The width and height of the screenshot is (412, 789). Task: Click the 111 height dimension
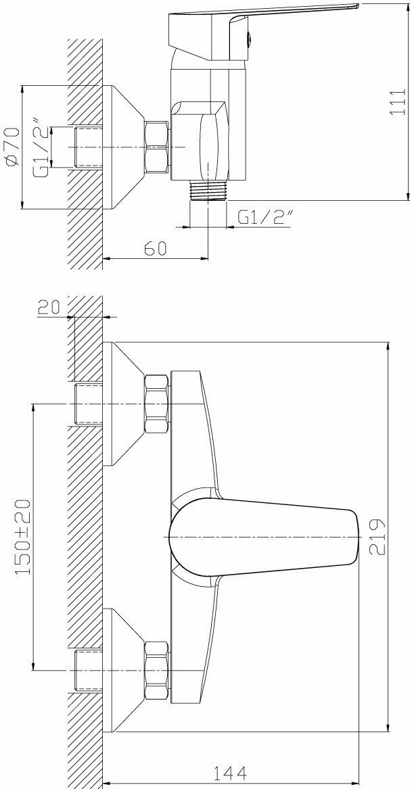(398, 102)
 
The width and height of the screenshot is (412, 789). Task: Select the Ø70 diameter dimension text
(12, 146)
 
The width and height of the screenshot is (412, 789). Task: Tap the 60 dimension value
(155, 248)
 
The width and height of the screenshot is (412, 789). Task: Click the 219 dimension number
(377, 537)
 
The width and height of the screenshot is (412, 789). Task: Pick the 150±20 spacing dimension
(22, 537)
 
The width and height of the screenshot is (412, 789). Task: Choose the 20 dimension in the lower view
(49, 306)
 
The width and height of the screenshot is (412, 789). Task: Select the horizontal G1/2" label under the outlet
(265, 217)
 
